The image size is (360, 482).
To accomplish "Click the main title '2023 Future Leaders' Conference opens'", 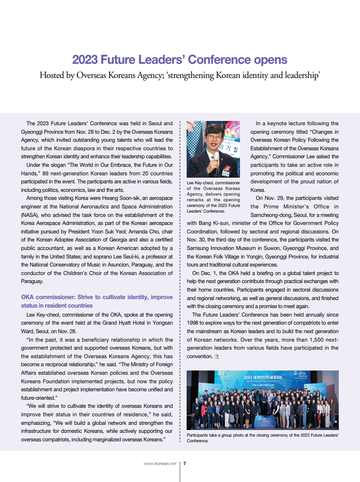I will point(180,60).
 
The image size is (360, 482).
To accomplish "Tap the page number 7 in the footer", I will point(184,464).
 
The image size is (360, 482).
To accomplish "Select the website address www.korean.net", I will point(160,464).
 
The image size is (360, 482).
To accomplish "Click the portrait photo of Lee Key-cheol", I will point(213,149).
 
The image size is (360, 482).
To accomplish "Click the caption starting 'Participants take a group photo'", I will point(263,437).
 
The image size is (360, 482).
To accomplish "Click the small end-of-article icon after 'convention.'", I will point(217,356).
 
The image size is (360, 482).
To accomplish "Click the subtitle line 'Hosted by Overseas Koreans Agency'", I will point(180,75).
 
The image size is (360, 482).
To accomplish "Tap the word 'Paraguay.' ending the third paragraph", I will point(33,281).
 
